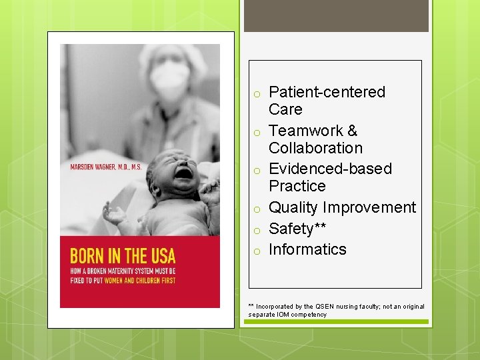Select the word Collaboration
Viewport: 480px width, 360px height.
(315, 148)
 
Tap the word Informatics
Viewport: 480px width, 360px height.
(307, 249)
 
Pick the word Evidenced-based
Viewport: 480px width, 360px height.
(330, 169)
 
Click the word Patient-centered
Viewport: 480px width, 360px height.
(327, 92)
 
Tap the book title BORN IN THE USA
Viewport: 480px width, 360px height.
(123, 255)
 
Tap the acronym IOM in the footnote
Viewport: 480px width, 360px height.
(280, 315)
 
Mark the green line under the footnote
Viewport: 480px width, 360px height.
(336, 322)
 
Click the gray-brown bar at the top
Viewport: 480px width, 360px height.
(336, 16)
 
